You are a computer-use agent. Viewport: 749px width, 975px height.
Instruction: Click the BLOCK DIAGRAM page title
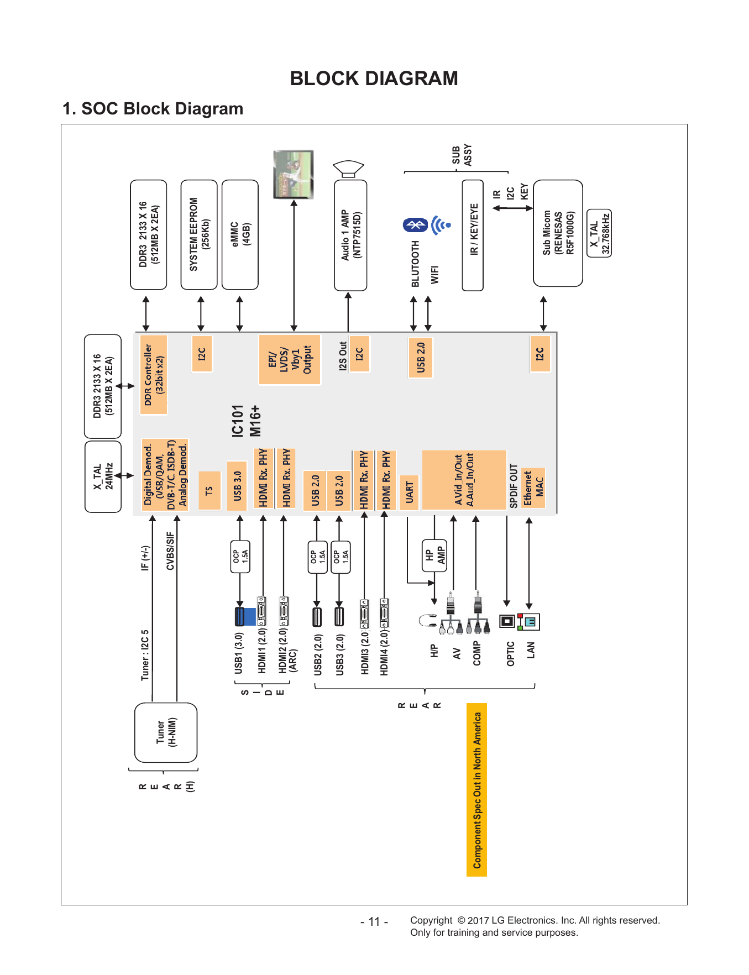pos(374,78)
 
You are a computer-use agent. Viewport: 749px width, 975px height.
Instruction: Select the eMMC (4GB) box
pos(240,234)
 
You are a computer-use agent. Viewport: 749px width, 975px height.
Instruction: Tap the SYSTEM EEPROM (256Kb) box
pos(199,234)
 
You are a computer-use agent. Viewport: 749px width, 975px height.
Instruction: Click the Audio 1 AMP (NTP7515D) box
pos(350,235)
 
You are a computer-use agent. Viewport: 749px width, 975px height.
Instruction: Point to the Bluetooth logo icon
pos(415,225)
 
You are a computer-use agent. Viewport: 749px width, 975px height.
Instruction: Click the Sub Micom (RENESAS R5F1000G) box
pos(558,233)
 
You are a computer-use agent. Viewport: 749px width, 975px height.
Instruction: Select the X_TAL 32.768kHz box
pos(599,233)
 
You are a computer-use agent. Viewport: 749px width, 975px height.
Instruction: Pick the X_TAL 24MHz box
pos(103,476)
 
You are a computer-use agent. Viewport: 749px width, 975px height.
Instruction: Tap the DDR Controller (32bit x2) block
pos(154,375)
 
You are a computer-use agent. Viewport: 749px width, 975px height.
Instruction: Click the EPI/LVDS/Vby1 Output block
pos(290,359)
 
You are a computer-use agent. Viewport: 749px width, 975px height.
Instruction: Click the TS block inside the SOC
pos(209,491)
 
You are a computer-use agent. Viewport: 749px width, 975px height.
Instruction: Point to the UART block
pos(409,492)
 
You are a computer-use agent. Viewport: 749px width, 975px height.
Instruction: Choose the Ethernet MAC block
pos(533,488)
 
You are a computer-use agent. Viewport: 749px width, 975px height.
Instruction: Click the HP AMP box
pos(434,555)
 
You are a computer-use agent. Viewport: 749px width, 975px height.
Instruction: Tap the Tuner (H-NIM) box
pos(166,732)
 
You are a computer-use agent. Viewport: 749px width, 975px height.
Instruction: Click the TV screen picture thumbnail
pos(294,174)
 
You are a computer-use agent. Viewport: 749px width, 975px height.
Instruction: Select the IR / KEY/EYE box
pos(473,235)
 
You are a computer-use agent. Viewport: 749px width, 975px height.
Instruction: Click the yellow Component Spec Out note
pos(477,790)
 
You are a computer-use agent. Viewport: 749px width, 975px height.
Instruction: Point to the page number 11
pos(374,921)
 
